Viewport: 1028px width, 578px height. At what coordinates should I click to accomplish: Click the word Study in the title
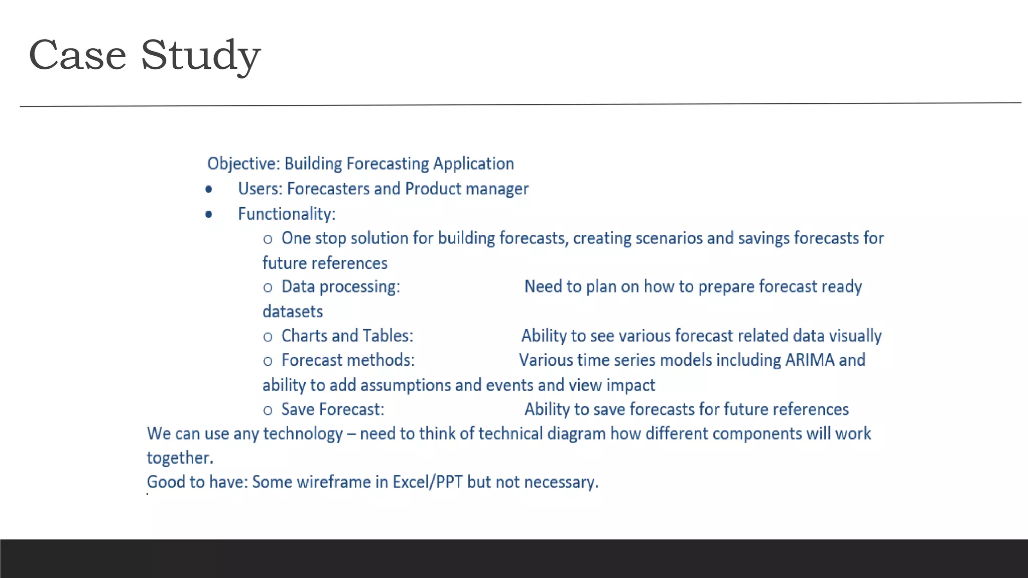pyautogui.click(x=200, y=55)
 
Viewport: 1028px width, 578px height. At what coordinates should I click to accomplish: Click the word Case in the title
pyautogui.click(x=77, y=55)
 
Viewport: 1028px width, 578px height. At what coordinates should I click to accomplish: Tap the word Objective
pyautogui.click(x=243, y=164)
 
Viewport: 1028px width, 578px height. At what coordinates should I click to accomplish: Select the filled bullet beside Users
pyautogui.click(x=209, y=189)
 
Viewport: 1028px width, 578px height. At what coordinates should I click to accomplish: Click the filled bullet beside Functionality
pyautogui.click(x=209, y=214)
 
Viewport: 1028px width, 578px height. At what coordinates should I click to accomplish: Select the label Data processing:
pyautogui.click(x=340, y=286)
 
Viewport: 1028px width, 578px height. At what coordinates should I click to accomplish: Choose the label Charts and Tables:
pyautogui.click(x=347, y=336)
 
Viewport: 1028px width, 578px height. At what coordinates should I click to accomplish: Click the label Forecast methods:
pyautogui.click(x=348, y=360)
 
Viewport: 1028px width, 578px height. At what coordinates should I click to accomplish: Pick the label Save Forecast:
pyautogui.click(x=332, y=409)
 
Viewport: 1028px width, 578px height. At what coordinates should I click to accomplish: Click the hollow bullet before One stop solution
pyautogui.click(x=268, y=239)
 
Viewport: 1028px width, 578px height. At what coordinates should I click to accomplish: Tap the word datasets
pyautogui.click(x=293, y=312)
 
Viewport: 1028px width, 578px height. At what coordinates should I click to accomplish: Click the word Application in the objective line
pyautogui.click(x=473, y=164)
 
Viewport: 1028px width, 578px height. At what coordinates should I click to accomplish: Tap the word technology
pyautogui.click(x=303, y=434)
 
